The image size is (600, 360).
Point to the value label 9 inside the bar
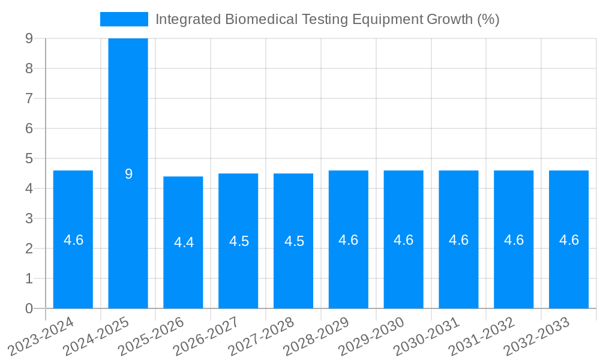128,174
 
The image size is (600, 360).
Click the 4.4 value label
184,242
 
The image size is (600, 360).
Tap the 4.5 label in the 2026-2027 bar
239,241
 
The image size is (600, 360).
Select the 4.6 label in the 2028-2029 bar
349,240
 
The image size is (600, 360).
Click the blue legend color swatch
124,19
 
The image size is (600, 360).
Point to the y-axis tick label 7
28,98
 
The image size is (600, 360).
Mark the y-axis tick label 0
28,308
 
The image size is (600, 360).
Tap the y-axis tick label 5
28,158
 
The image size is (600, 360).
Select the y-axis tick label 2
28,248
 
